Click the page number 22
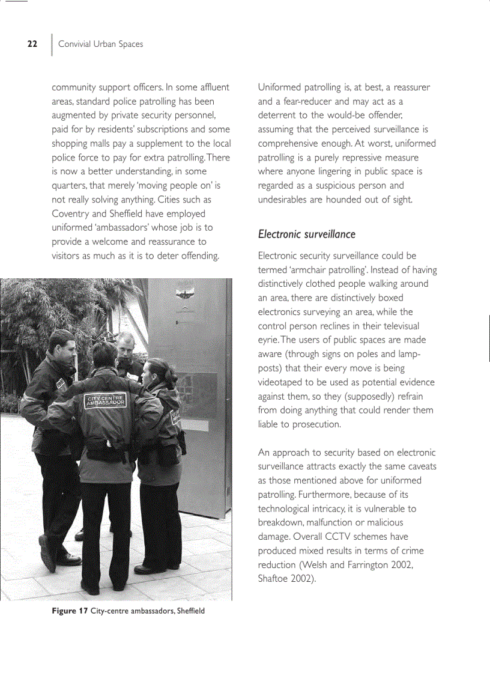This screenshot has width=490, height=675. [x=32, y=44]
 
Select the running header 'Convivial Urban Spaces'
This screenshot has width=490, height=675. [x=100, y=44]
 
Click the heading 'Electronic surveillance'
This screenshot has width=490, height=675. [x=306, y=234]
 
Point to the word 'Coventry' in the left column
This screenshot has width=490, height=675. [x=71, y=213]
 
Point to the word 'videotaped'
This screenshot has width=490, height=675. [x=281, y=382]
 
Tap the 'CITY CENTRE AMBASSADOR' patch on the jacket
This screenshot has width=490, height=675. [x=106, y=401]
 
